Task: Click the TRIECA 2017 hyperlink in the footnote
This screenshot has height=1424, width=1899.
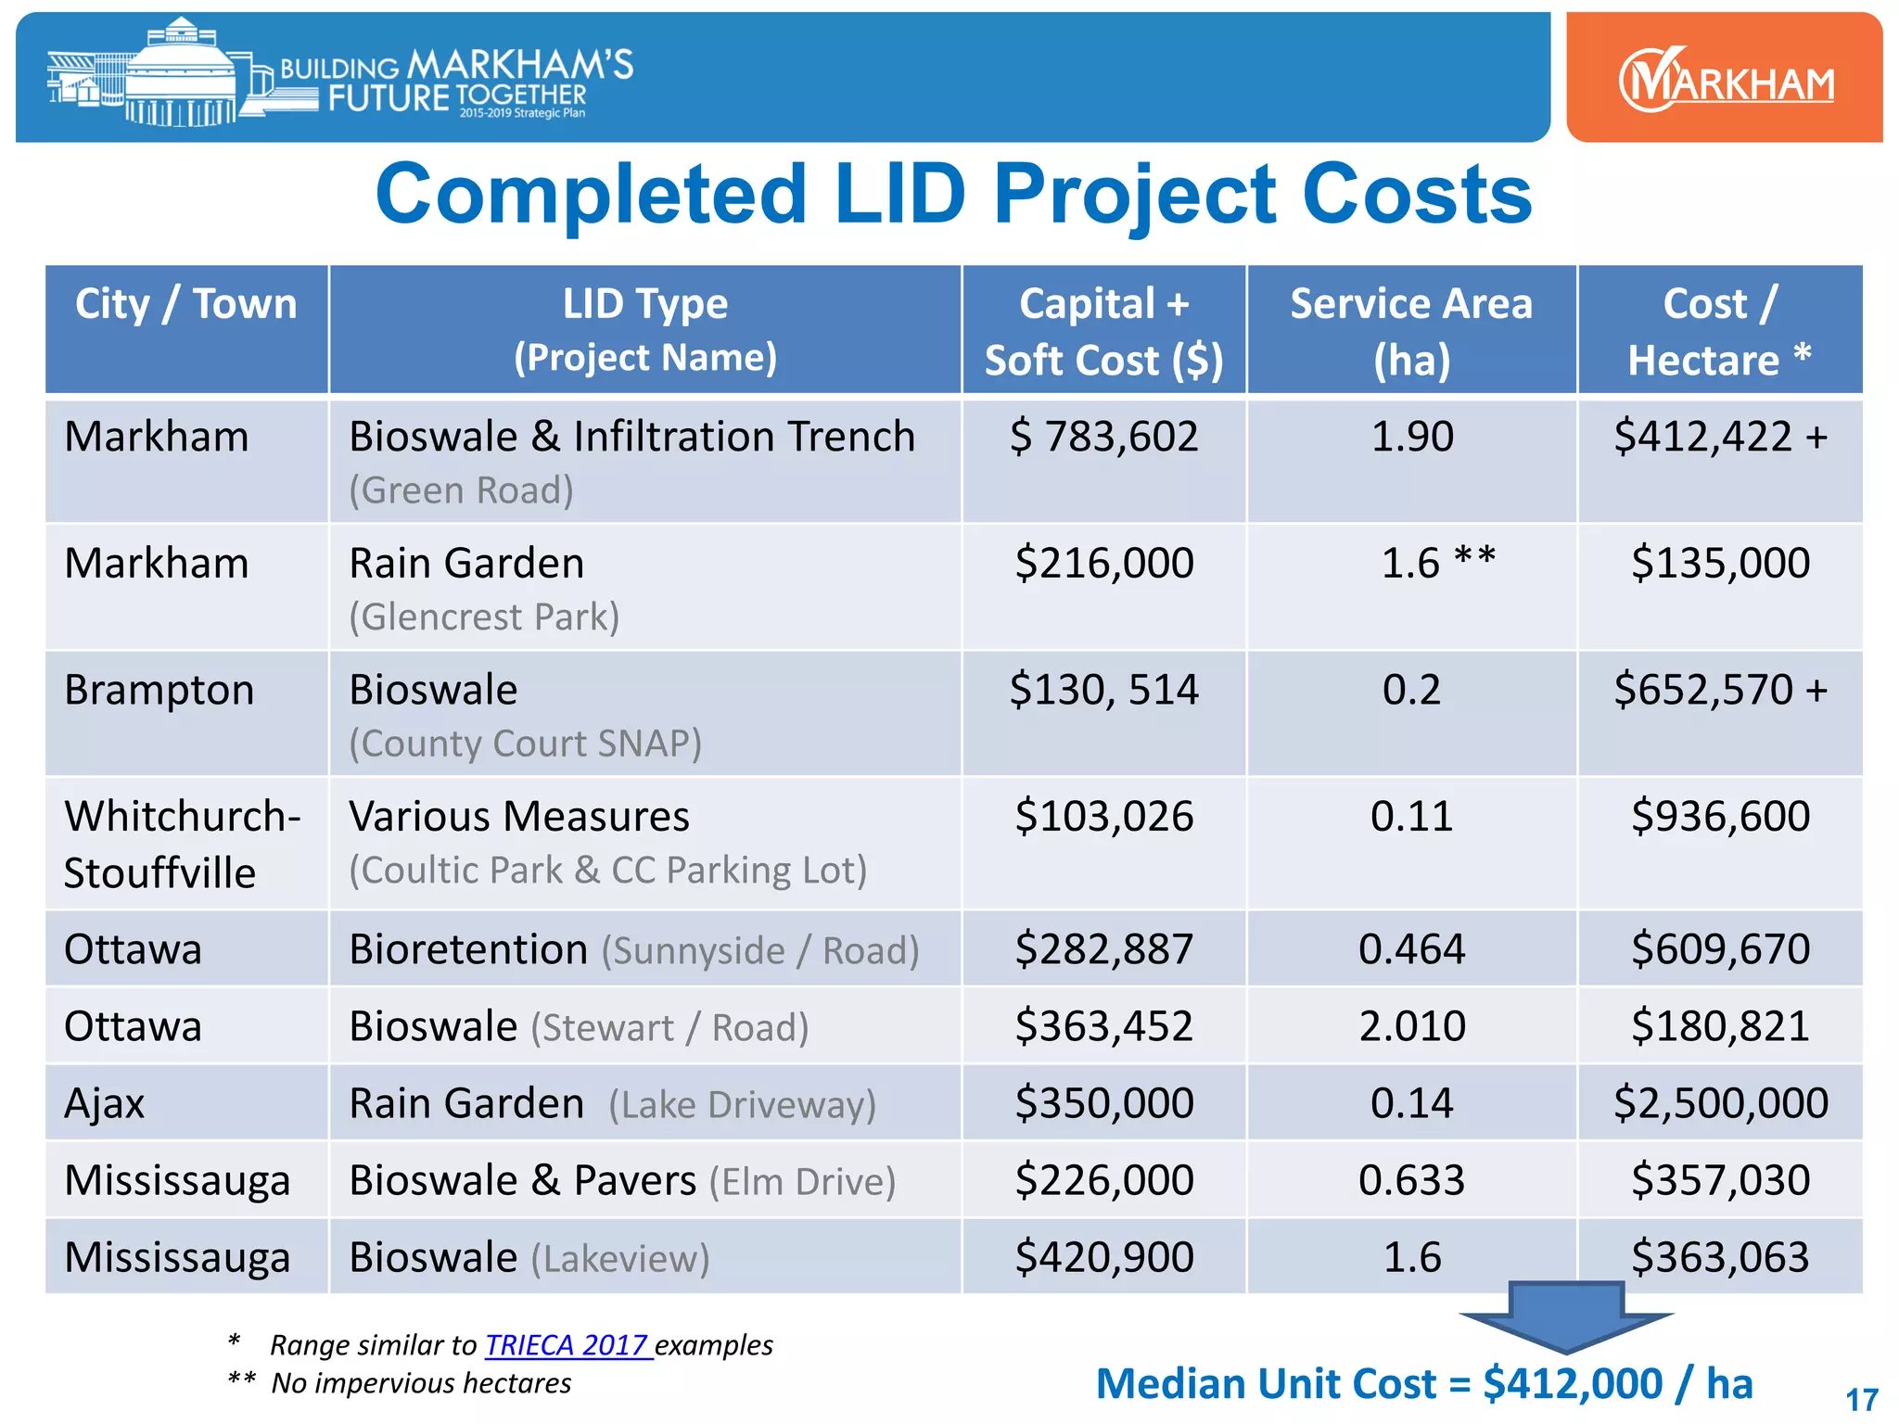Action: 567,1344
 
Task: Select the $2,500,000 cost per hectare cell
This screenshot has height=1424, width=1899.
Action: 1720,1103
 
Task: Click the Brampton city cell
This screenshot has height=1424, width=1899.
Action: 159,691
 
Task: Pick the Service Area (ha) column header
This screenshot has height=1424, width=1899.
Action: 1411,330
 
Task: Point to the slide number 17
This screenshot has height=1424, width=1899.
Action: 1861,1399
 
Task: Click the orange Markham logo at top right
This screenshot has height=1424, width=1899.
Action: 1725,80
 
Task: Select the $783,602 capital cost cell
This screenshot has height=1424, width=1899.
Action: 1103,437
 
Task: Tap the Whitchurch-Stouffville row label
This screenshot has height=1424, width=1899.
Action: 182,844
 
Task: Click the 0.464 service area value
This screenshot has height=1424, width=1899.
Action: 1411,949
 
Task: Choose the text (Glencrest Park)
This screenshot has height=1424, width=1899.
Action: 484,617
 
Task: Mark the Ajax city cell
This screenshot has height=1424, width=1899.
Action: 105,1103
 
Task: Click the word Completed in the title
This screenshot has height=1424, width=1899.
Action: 592,195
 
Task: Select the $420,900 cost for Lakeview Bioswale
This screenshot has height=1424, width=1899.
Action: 1103,1257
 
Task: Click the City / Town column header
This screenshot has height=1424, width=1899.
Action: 185,304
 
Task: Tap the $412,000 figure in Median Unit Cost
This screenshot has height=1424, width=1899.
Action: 1573,1384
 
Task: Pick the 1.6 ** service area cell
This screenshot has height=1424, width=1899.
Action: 1437,563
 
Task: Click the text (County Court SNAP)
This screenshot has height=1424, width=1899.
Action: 525,744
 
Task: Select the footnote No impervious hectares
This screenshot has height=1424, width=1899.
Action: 421,1383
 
